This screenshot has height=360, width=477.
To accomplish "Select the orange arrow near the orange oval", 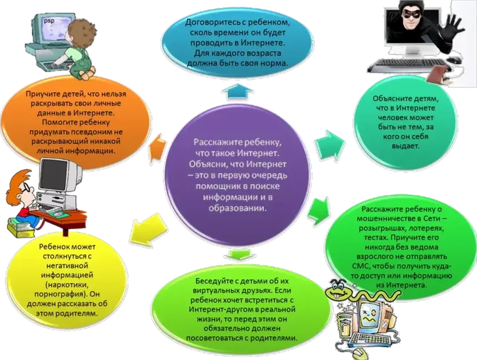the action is pyautogui.click(x=159, y=145).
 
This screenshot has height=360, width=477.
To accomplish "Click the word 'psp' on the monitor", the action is pyautogui.click(x=48, y=21).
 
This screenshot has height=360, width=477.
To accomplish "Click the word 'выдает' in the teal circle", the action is pyautogui.click(x=405, y=146).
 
